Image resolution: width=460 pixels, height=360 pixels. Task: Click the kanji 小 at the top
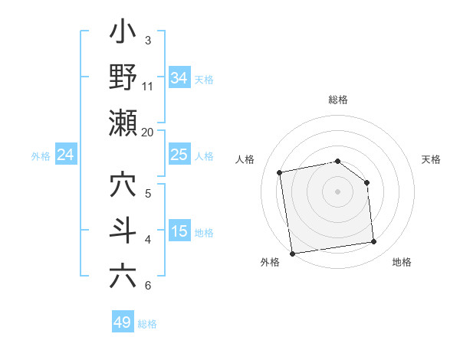click(123, 35)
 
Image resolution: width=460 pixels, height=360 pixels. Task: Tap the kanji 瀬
click(123, 123)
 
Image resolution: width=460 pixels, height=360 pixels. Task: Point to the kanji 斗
click(123, 231)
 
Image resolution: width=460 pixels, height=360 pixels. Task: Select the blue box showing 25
click(179, 155)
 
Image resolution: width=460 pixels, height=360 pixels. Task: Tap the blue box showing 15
click(179, 231)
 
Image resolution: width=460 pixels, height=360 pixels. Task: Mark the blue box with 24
click(65, 155)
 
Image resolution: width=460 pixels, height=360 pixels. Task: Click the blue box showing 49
click(123, 322)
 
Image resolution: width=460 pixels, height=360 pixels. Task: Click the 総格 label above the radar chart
click(337, 100)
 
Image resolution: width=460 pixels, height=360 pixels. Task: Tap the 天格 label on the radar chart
click(431, 159)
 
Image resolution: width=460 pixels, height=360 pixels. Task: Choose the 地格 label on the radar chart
click(402, 262)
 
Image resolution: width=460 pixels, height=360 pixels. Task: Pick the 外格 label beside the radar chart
click(270, 262)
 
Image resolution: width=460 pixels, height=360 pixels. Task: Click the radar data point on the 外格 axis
click(292, 253)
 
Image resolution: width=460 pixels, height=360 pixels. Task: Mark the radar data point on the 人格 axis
click(281, 172)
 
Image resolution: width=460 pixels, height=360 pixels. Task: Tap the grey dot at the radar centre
click(337, 191)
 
